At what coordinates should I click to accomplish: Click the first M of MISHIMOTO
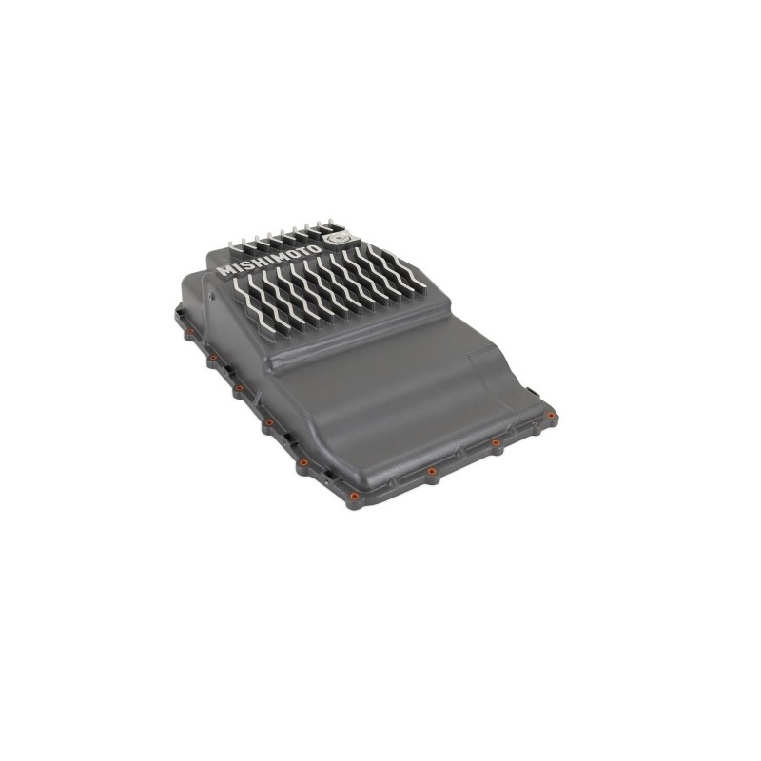pyautogui.click(x=226, y=270)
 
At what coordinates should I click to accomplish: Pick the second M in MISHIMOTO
pyautogui.click(x=282, y=255)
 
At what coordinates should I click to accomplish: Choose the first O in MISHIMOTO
pyautogui.click(x=294, y=252)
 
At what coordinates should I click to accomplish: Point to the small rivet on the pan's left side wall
pyautogui.click(x=209, y=295)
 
